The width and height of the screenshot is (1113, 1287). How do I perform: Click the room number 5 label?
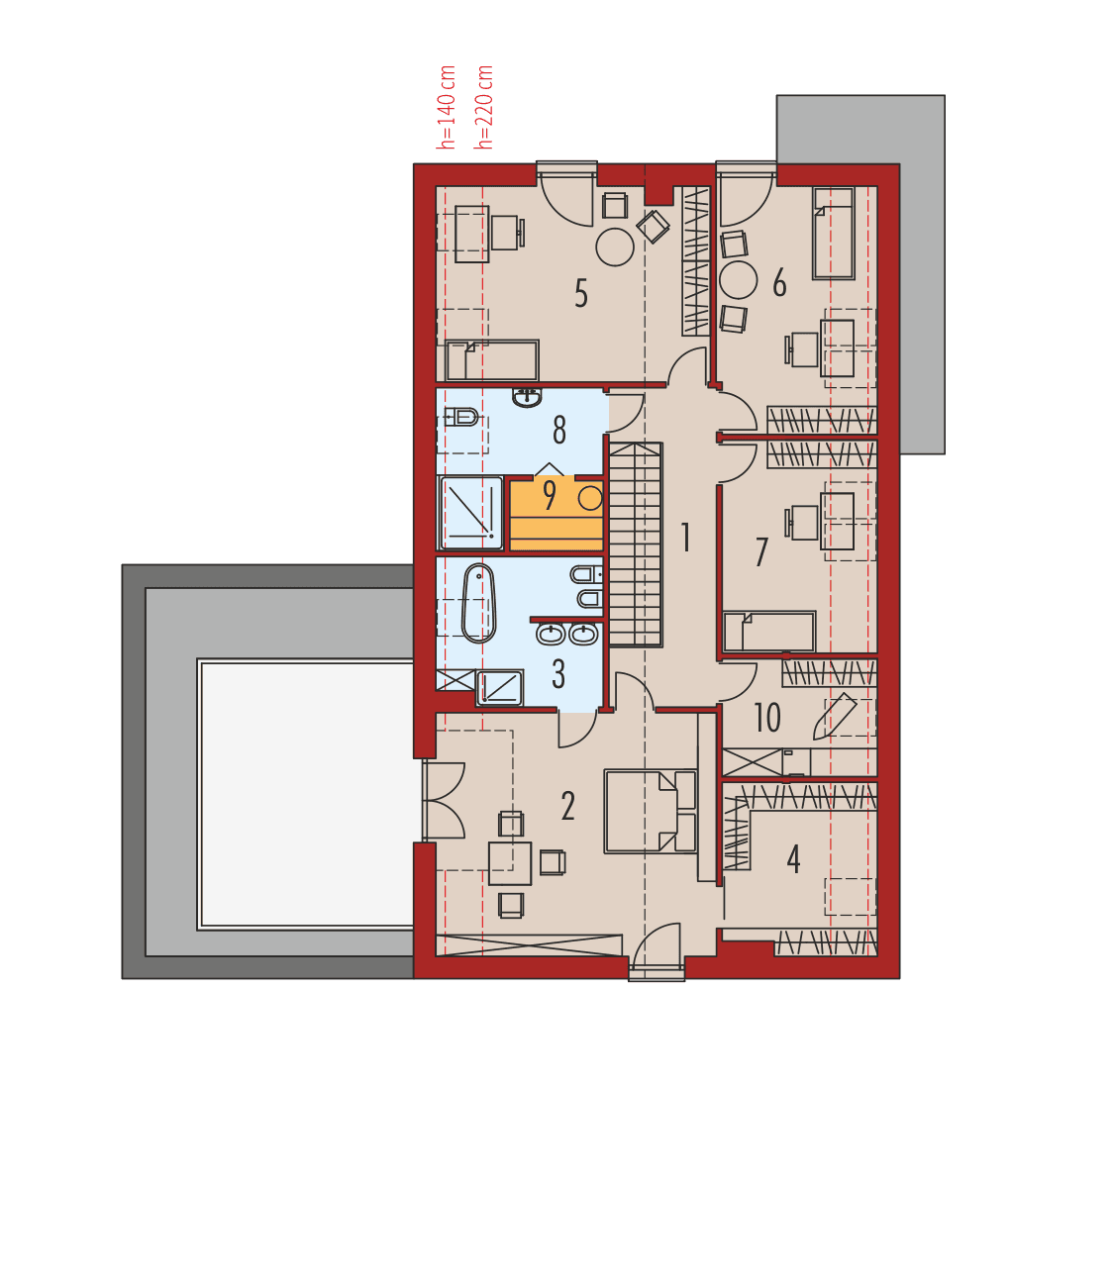click(580, 294)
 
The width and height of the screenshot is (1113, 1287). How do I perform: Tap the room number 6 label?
click(779, 284)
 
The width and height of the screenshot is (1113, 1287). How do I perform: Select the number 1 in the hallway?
click(684, 538)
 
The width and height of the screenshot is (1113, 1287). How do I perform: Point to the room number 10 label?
click(766, 718)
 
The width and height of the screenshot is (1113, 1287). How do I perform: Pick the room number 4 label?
click(793, 859)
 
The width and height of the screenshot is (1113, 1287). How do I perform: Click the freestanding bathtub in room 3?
click(478, 603)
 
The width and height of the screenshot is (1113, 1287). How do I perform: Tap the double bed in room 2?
click(650, 811)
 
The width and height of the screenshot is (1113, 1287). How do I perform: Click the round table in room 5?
click(614, 247)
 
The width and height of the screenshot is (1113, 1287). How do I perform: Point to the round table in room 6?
click(738, 280)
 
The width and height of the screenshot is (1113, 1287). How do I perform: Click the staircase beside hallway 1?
click(635, 544)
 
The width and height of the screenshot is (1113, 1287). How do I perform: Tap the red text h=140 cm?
click(447, 108)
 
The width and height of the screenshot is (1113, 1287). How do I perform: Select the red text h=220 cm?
click(484, 108)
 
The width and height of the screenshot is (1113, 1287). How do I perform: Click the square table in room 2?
click(510, 863)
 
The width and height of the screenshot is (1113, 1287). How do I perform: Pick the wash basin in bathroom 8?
click(528, 398)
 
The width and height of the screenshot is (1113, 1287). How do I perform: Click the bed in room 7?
click(768, 633)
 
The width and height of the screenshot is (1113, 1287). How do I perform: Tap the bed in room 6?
click(833, 234)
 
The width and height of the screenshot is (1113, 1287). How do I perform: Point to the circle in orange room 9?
click(590, 498)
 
